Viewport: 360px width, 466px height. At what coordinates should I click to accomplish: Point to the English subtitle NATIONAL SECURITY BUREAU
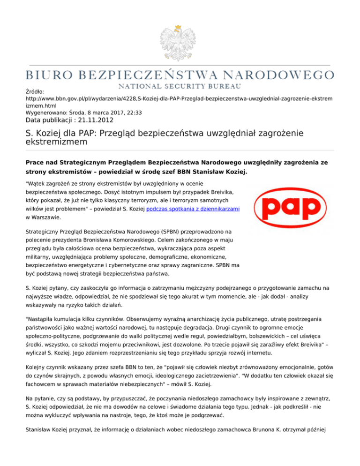click(x=180, y=86)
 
